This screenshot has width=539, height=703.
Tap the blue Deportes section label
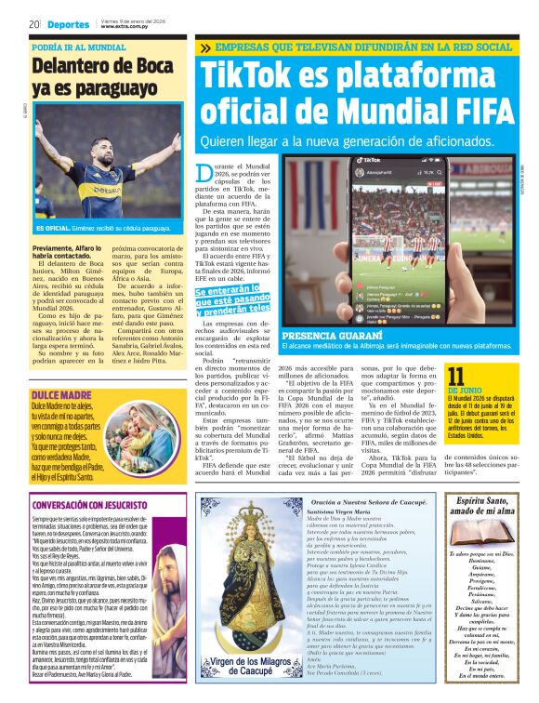[x=69, y=24]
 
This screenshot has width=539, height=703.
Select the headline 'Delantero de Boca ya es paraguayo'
[x=96, y=76]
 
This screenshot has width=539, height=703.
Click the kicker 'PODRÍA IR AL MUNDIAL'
[x=78, y=46]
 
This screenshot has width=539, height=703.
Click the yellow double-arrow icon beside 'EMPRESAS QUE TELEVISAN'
[x=204, y=48]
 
